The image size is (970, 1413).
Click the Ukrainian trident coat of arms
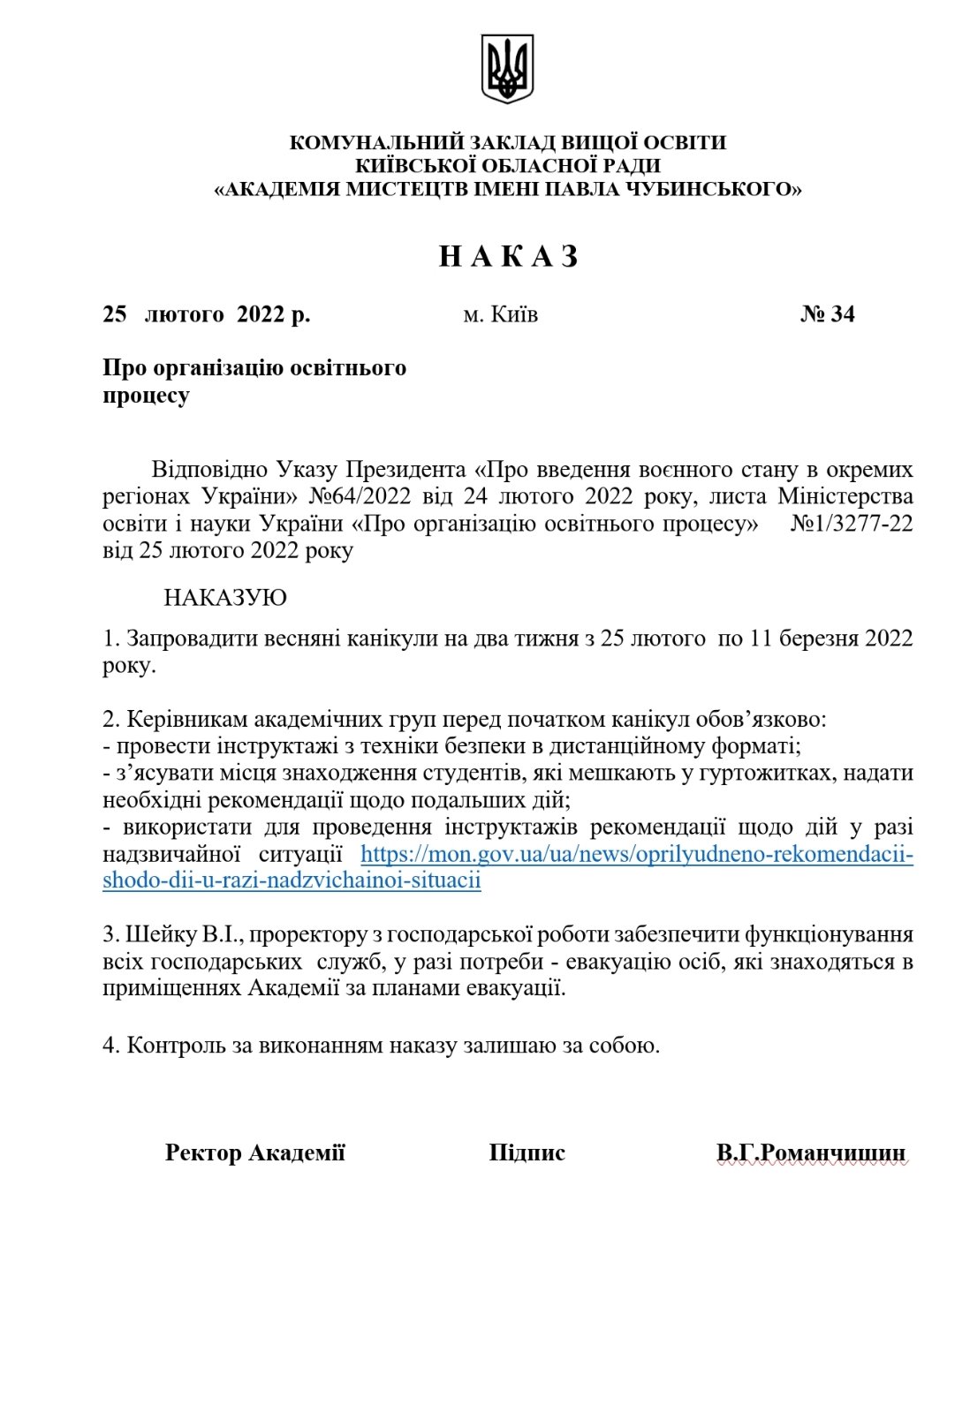point(507,69)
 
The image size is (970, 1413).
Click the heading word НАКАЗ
point(509,256)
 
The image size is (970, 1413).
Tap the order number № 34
point(827,314)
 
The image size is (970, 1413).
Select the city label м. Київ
point(500,314)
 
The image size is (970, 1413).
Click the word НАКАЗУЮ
point(225,598)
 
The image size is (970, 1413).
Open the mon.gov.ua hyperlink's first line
point(636,854)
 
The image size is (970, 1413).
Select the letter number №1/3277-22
point(852,523)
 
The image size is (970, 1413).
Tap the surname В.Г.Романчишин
point(811,1152)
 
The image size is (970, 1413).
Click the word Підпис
point(527,1152)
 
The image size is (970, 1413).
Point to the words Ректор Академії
point(254,1152)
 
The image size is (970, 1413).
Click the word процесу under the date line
point(146,396)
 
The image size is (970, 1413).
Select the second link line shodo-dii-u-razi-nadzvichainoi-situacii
point(292,880)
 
